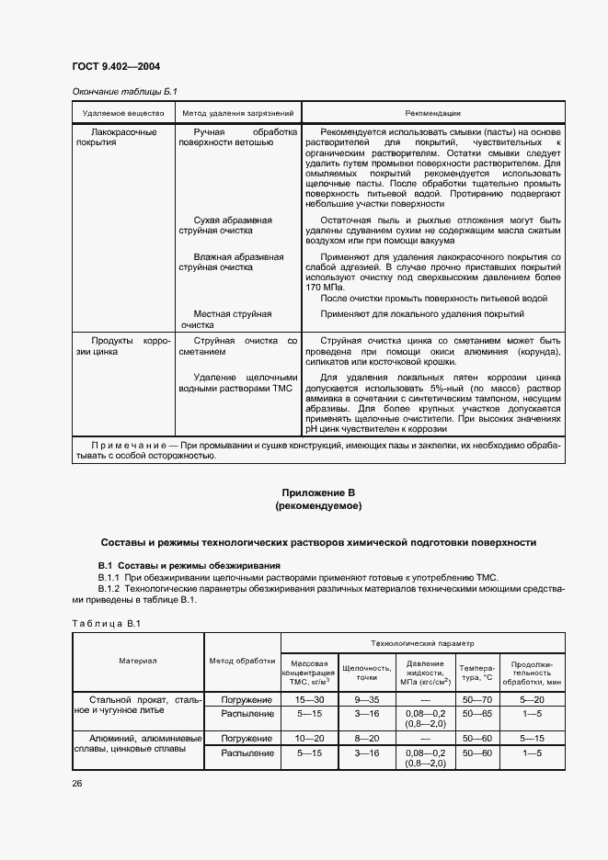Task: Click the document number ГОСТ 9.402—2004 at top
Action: (x=109, y=68)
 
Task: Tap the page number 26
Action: (x=77, y=784)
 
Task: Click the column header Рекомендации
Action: (x=432, y=113)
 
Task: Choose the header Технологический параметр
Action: (x=423, y=645)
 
